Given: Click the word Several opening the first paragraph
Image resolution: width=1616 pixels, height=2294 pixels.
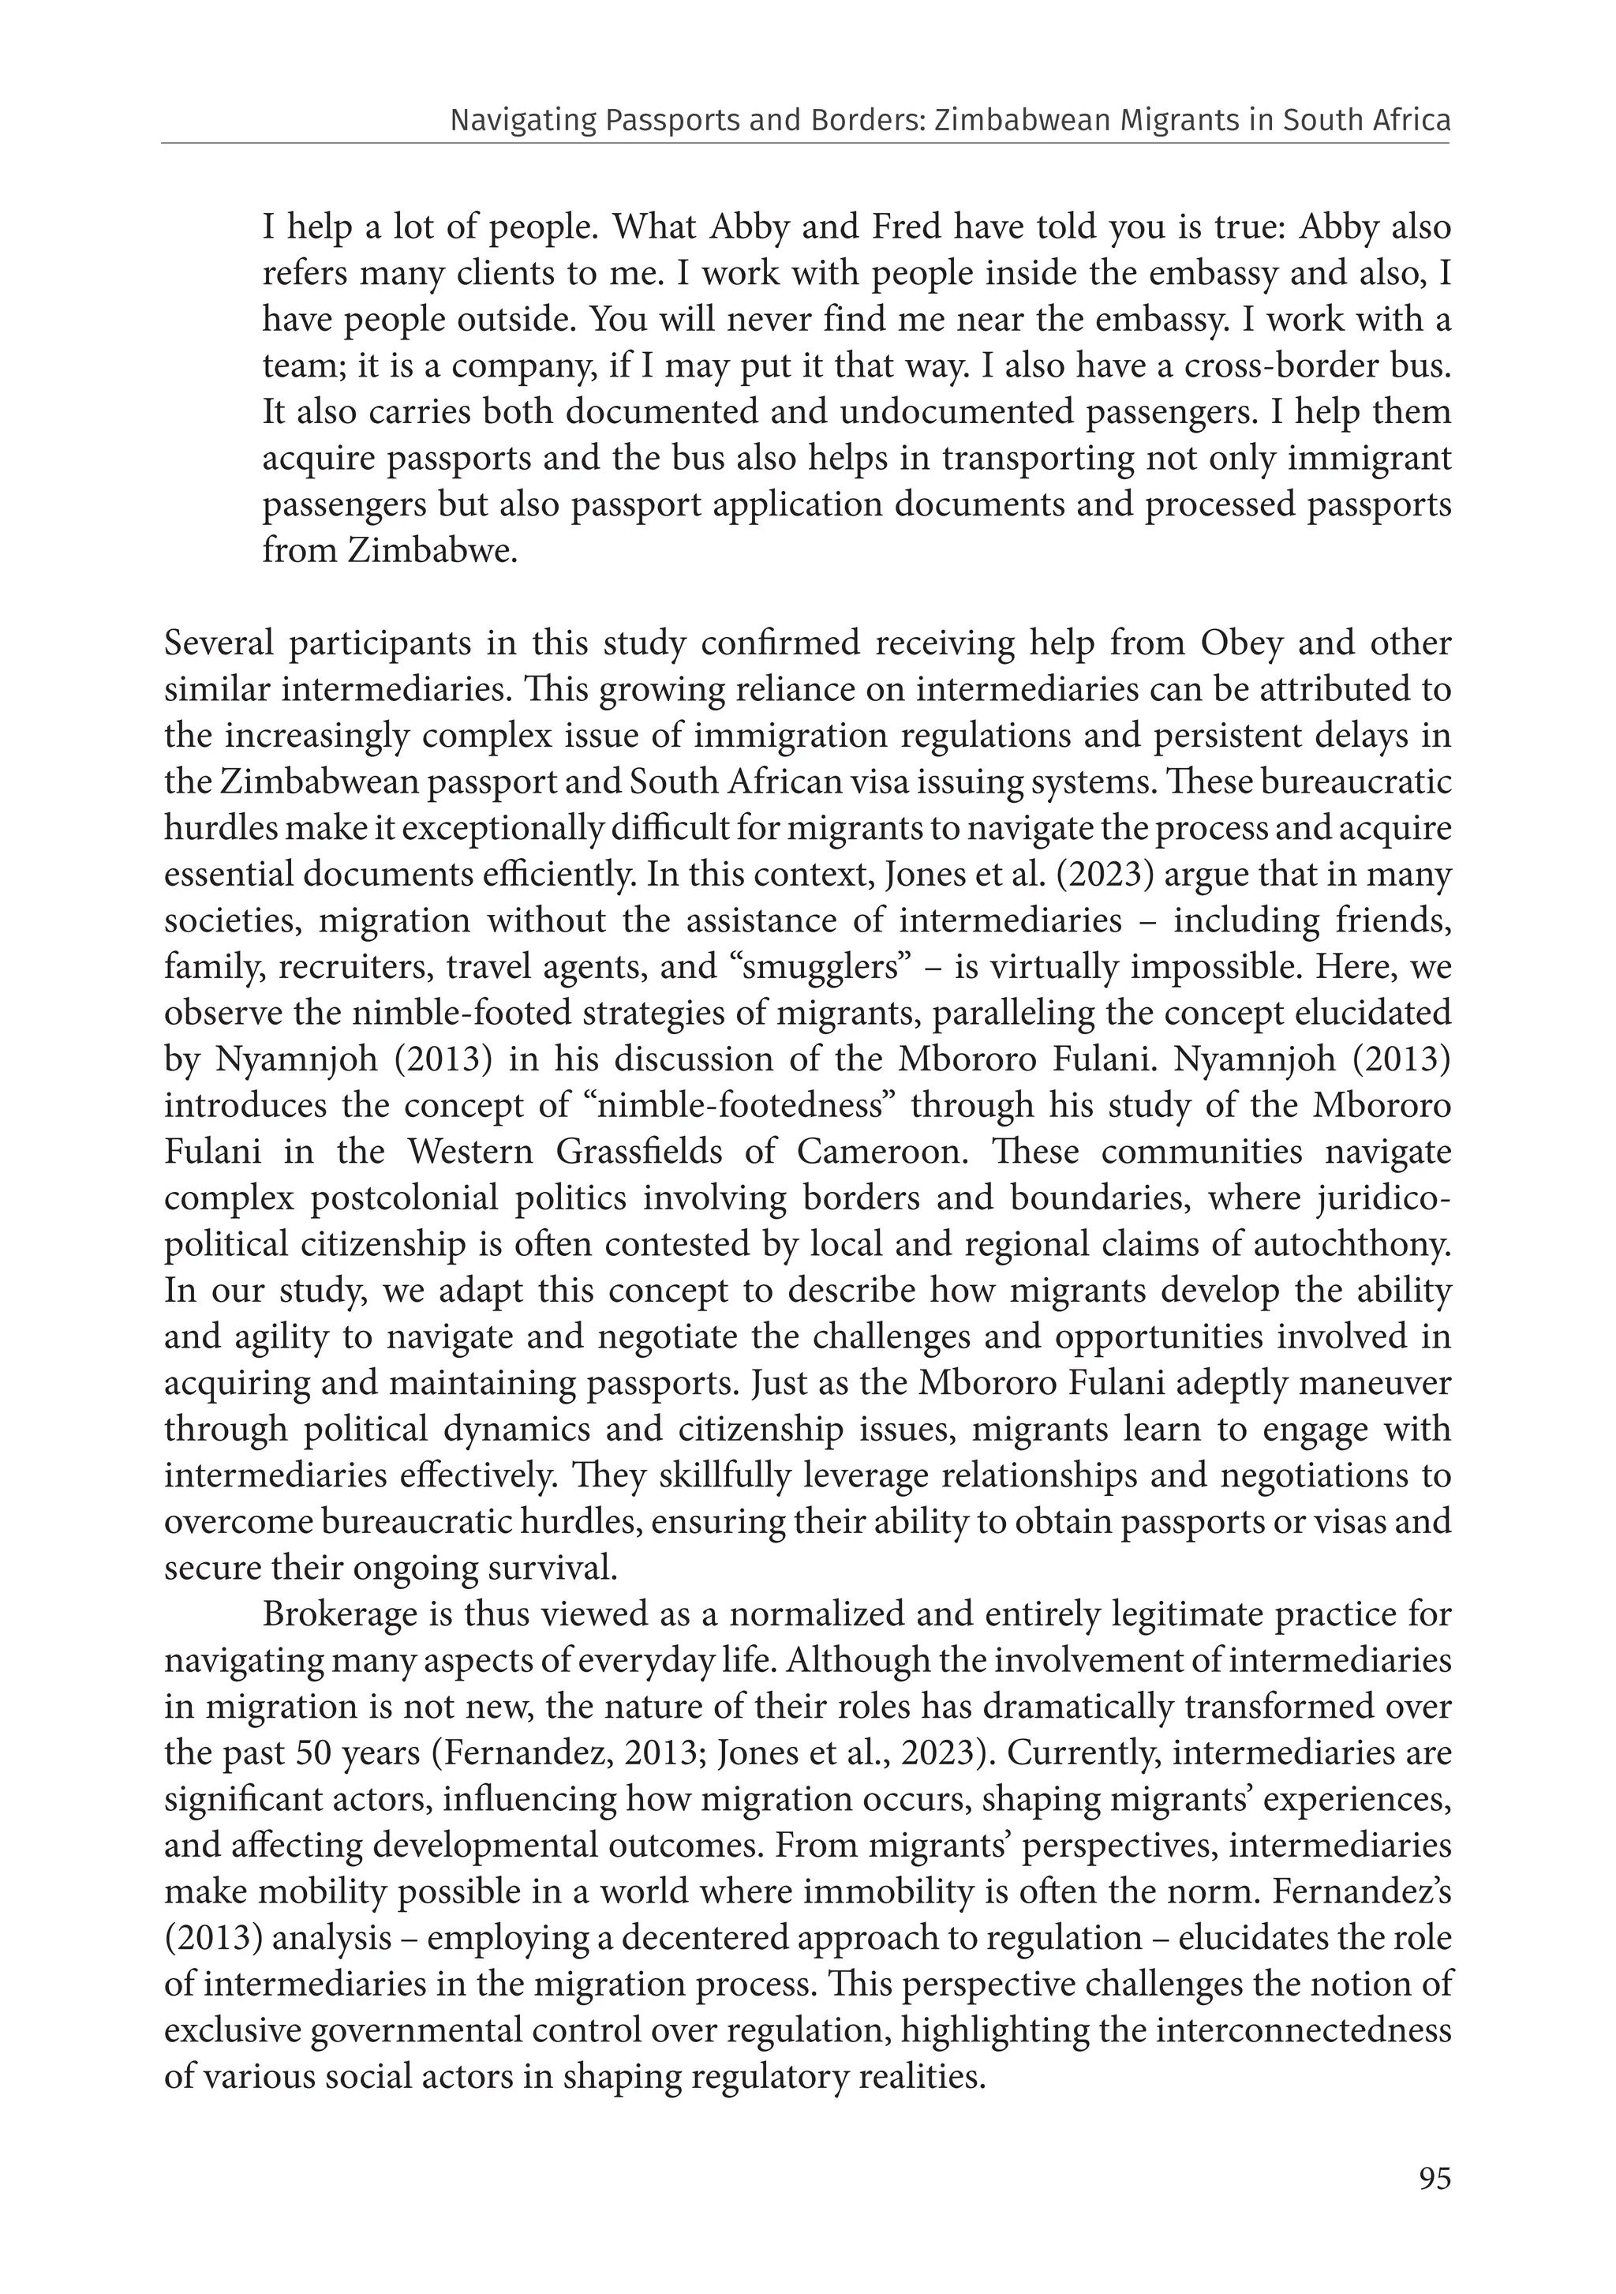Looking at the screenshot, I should pos(219,644).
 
